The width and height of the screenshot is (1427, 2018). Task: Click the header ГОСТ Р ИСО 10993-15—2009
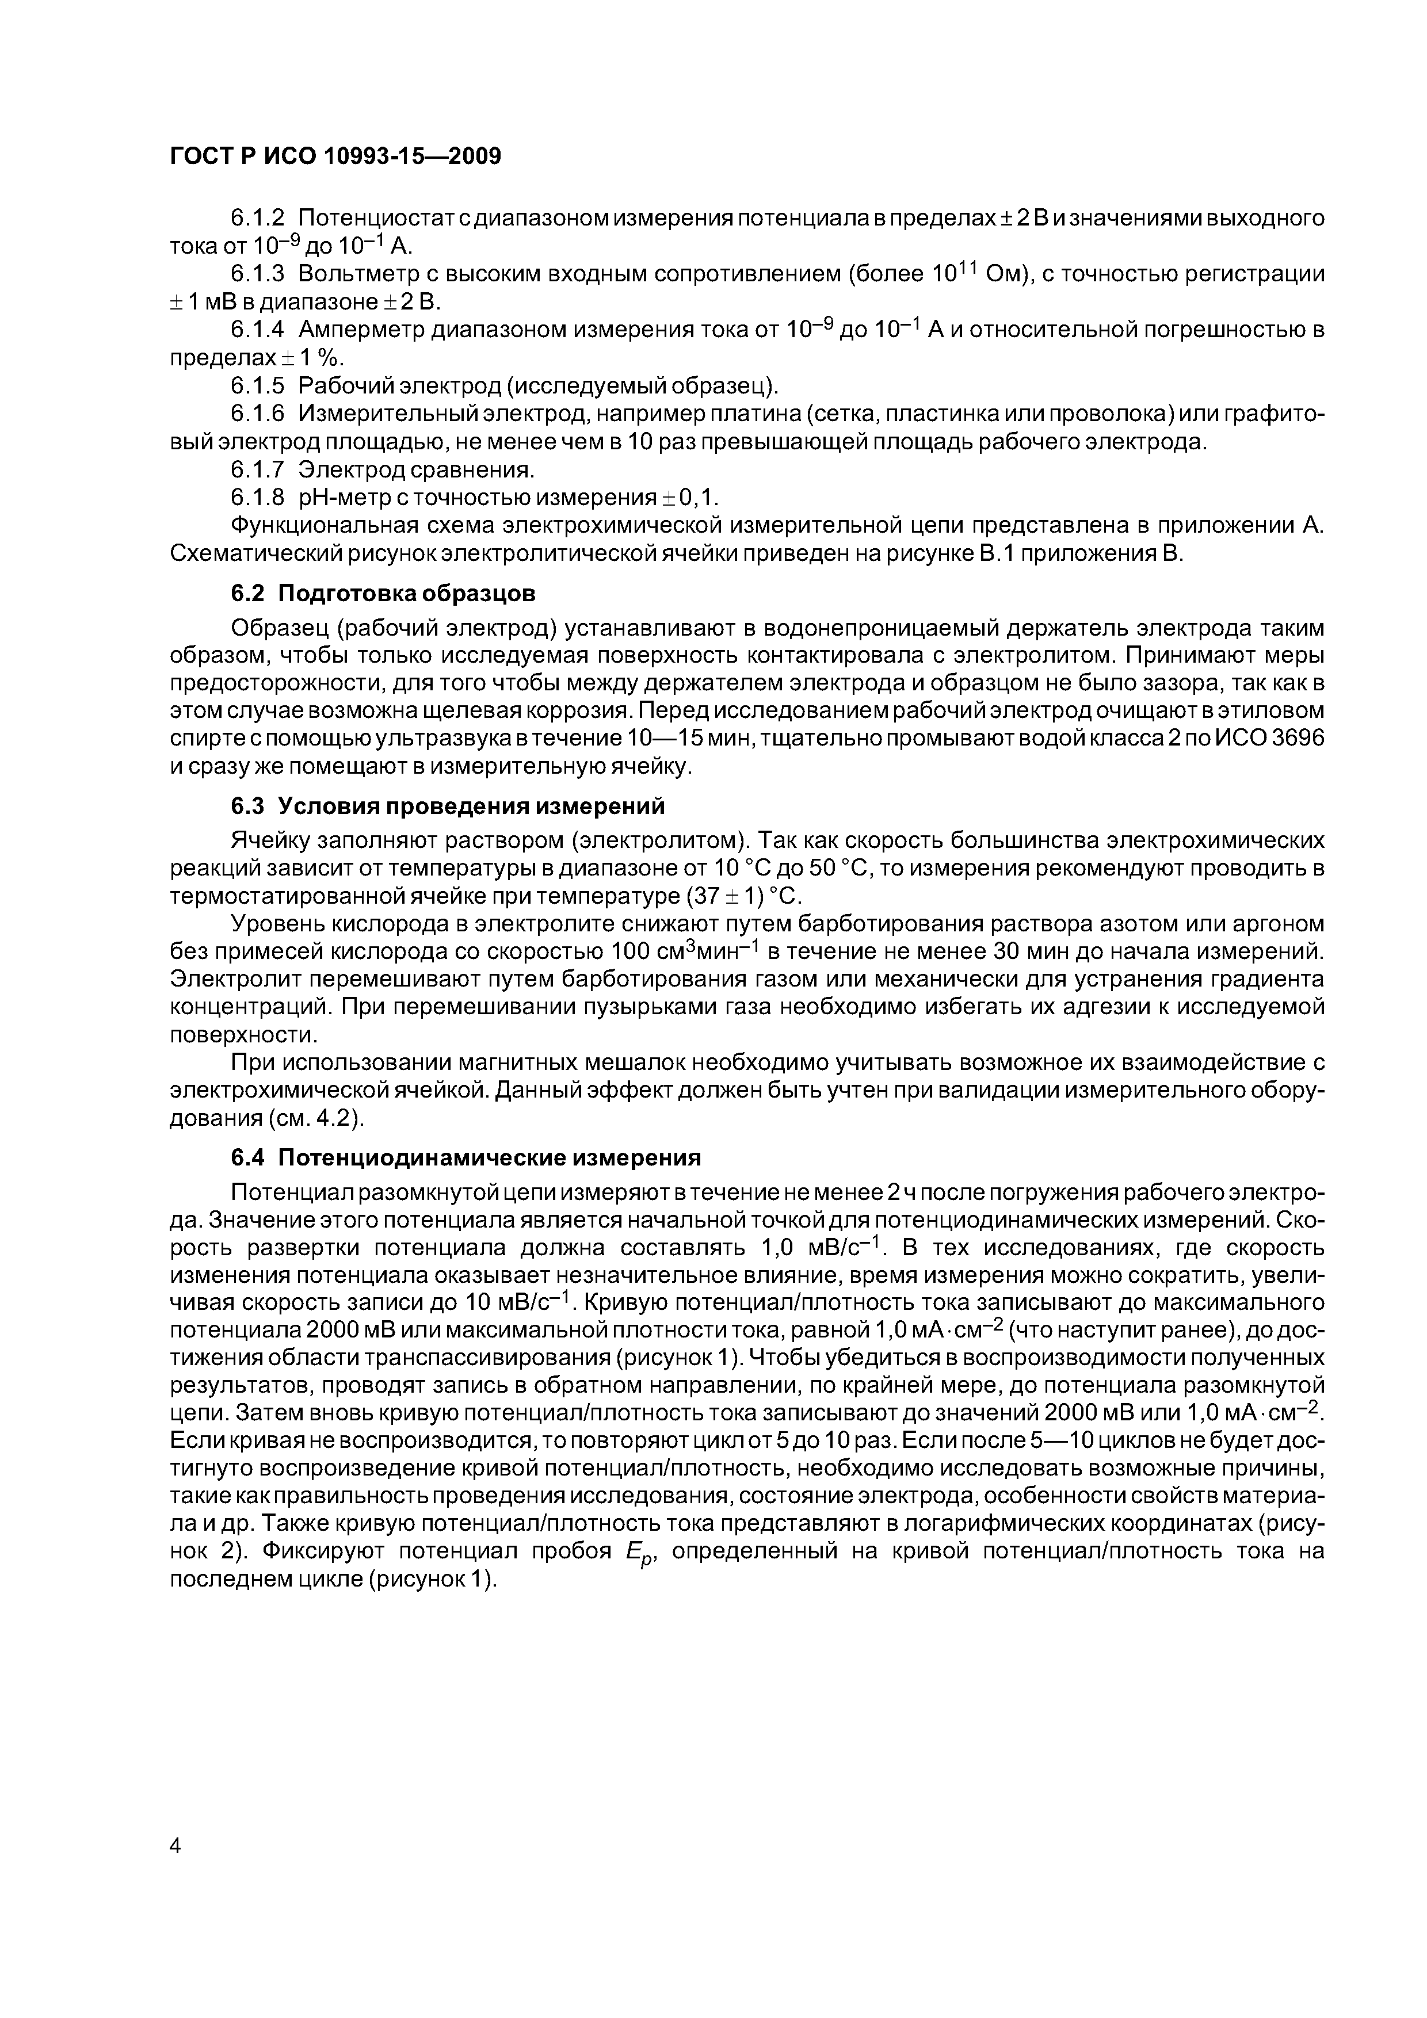click(335, 156)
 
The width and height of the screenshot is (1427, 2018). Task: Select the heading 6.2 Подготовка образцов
click(383, 593)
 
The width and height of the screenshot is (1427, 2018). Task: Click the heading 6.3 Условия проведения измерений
click(448, 806)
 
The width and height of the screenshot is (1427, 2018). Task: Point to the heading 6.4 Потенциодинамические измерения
click(466, 1157)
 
